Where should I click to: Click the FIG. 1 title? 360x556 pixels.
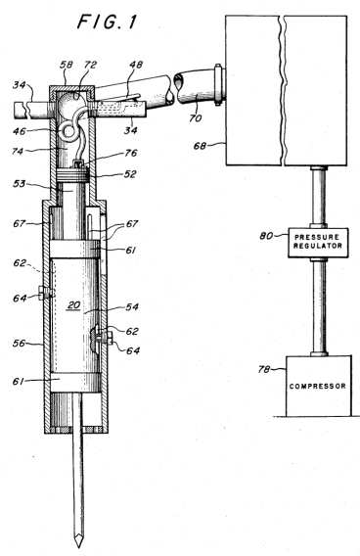tap(107, 22)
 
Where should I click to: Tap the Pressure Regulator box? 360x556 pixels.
tap(318, 243)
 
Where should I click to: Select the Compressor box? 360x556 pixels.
tap(319, 386)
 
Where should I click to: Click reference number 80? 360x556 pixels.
tap(266, 236)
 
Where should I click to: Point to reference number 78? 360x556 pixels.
tap(264, 369)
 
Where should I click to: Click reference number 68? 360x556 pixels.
tap(200, 146)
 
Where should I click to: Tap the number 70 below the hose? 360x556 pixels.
tap(195, 117)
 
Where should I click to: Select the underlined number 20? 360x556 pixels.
tap(73, 305)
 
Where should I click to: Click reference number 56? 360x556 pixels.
tap(20, 343)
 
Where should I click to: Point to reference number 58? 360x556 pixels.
tap(67, 65)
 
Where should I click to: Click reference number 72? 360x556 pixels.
tap(90, 65)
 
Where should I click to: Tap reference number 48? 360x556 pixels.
tap(136, 65)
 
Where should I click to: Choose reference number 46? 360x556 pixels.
tap(20, 131)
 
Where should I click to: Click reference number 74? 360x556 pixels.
tap(17, 152)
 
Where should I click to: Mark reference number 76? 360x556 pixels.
tap(130, 153)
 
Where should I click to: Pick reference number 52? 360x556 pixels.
tap(130, 174)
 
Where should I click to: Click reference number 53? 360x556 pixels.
tap(20, 184)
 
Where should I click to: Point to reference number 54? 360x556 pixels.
tap(132, 306)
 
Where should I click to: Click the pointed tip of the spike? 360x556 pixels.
tap(78, 546)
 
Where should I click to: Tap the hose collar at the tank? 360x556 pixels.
tap(218, 84)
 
